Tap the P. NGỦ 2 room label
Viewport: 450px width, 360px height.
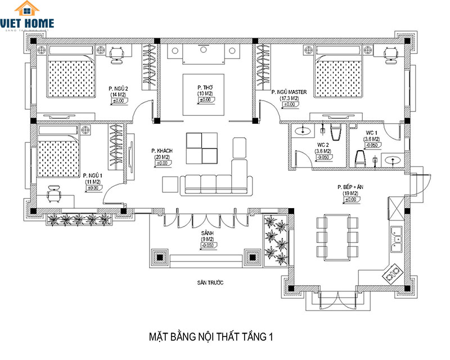[x=119, y=89]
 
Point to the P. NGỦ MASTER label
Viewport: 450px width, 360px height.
[x=289, y=92]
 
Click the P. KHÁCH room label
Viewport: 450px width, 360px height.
[x=161, y=151]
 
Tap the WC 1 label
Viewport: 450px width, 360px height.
[x=372, y=132]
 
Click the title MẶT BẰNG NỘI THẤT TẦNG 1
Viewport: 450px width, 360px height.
[x=210, y=337]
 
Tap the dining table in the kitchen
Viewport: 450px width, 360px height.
[x=337, y=235]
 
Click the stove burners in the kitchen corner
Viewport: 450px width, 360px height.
[x=392, y=274]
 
